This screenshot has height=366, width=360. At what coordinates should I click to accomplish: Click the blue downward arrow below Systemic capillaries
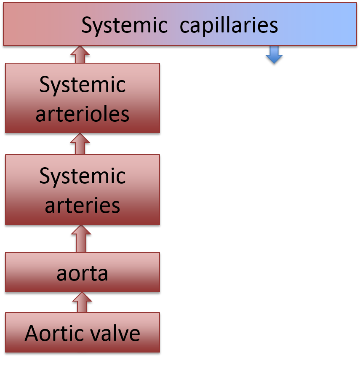[x=274, y=55]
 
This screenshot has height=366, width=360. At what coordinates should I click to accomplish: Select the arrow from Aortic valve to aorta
[x=82, y=302]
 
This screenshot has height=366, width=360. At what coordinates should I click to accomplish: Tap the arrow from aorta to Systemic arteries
[x=81, y=238]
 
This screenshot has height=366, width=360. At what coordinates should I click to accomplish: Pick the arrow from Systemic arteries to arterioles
[x=80, y=144]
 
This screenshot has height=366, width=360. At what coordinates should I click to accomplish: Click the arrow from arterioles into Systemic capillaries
[x=80, y=54]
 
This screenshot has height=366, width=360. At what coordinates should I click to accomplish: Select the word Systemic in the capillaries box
[x=125, y=25]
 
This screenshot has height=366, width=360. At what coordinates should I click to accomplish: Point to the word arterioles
[x=83, y=114]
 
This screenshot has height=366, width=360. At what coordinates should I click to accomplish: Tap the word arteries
[x=83, y=206]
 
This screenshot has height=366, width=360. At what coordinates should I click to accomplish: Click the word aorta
[x=83, y=273]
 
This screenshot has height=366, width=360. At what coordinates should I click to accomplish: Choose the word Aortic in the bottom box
[x=56, y=333]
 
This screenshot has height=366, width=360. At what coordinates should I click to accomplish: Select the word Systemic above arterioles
[x=83, y=85]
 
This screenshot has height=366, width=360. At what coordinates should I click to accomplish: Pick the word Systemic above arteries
[x=83, y=176]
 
